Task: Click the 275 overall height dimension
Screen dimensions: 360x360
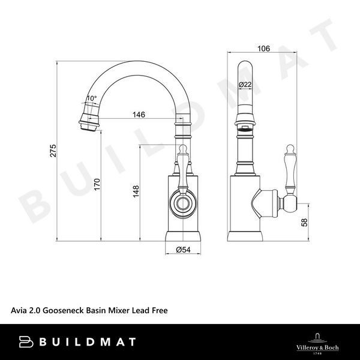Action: pyautogui.click(x=53, y=152)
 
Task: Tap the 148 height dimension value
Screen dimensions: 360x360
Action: pyautogui.click(x=136, y=191)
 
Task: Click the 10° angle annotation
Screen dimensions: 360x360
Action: pyautogui.click(x=91, y=98)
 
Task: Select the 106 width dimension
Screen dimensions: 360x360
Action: pyautogui.click(x=264, y=48)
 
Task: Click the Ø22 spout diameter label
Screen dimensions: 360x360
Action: pyautogui.click(x=245, y=85)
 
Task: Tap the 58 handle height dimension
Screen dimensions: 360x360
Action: pyautogui.click(x=304, y=223)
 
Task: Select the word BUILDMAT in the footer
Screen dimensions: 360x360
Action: pyautogui.click(x=88, y=342)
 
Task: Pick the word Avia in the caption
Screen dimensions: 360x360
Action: pyautogui.click(x=19, y=311)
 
